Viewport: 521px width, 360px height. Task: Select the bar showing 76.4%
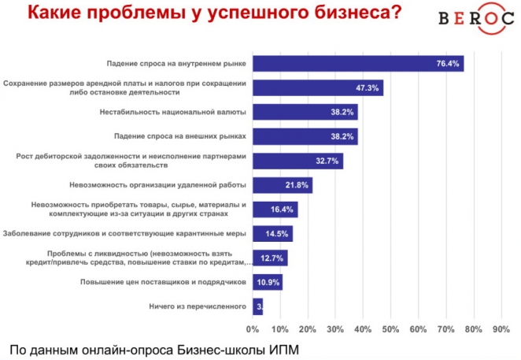(358, 64)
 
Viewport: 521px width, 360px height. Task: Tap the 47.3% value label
(368, 87)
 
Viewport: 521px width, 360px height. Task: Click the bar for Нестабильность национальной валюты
(305, 112)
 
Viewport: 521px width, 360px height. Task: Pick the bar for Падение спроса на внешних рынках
(305, 136)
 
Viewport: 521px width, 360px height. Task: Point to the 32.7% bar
(297, 161)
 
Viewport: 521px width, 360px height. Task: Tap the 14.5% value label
(279, 234)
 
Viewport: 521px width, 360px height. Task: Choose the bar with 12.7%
(270, 258)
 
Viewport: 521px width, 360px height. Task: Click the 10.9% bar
(268, 282)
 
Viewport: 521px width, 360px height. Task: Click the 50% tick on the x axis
(390, 328)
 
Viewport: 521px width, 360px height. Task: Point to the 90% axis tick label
(501, 328)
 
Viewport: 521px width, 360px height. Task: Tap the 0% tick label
(253, 328)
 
